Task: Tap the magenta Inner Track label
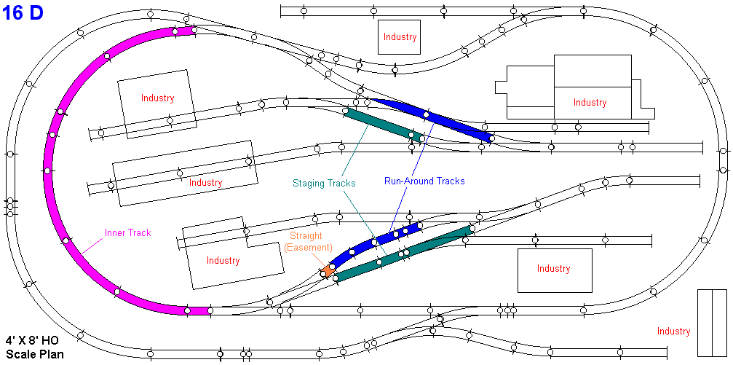click(127, 233)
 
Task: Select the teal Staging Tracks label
click(324, 184)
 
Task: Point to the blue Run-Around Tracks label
click(424, 181)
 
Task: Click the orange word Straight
click(306, 236)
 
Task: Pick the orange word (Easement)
click(308, 248)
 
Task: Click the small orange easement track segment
click(328, 270)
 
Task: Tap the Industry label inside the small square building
click(400, 37)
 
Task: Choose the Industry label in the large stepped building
click(590, 103)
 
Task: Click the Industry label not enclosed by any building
click(673, 331)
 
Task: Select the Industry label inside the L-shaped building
click(223, 261)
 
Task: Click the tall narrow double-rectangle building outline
click(713, 322)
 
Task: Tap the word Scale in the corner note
click(20, 355)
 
